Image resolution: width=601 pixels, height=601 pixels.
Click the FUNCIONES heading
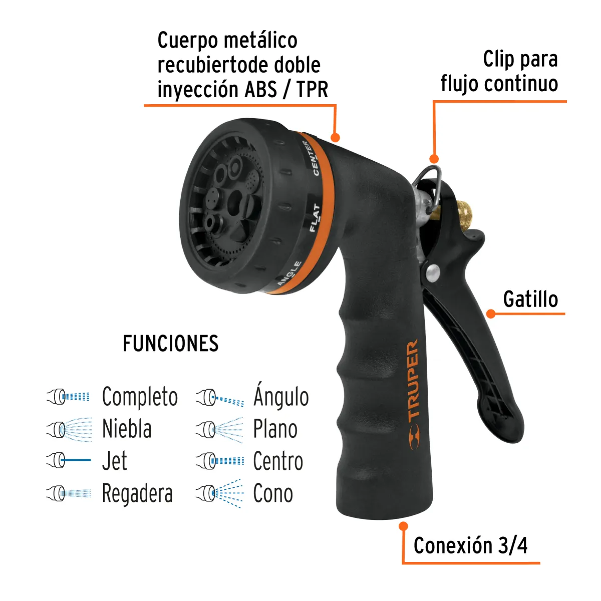[x=171, y=344]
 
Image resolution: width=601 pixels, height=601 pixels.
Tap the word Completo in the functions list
[x=140, y=397]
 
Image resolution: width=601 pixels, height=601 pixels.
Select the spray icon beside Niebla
[x=70, y=429]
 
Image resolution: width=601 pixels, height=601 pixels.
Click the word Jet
[x=115, y=461]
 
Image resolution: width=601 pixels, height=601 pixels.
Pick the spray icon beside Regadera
[x=70, y=493]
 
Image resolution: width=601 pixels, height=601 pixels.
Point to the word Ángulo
[x=281, y=396]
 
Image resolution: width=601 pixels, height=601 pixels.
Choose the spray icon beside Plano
[x=220, y=429]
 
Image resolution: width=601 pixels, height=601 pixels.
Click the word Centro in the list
[x=278, y=461]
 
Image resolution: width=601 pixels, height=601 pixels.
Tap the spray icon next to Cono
[x=220, y=493]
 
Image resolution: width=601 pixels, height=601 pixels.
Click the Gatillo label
[x=530, y=299]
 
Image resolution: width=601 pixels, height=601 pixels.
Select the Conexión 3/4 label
[x=470, y=545]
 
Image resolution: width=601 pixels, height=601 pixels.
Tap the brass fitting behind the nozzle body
[x=461, y=213]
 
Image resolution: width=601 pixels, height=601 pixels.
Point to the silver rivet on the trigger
[x=431, y=273]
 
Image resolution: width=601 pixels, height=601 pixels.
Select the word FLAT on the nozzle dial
[x=315, y=217]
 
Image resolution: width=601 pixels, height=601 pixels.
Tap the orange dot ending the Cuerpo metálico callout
[x=335, y=137]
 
